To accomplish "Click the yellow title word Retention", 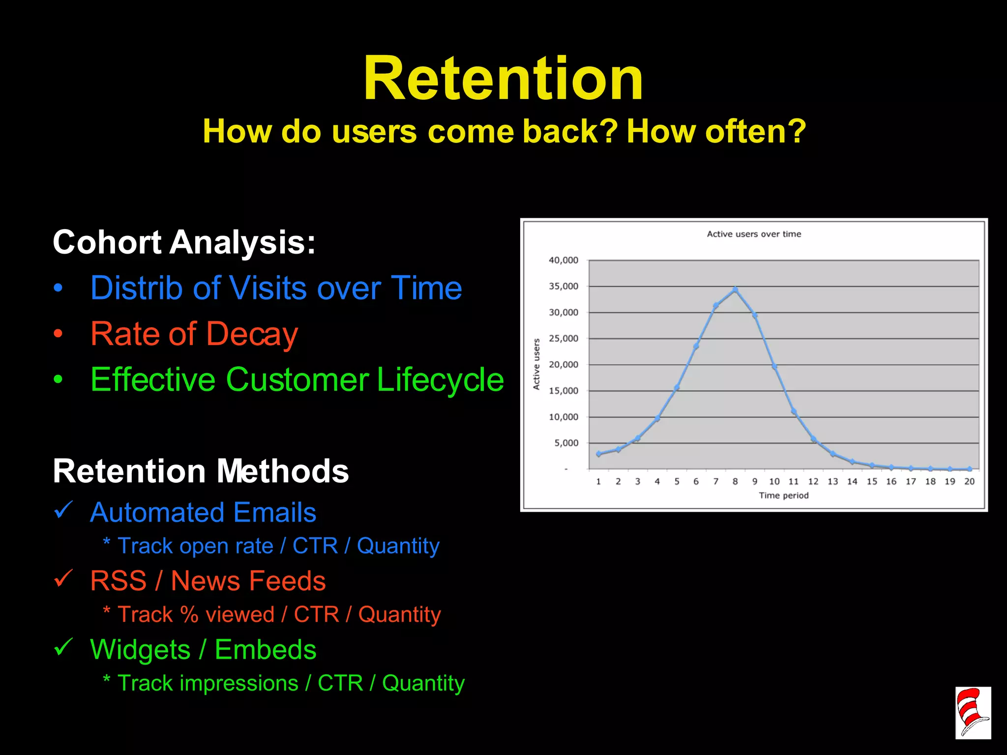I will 503,79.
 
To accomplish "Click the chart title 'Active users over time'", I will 754,234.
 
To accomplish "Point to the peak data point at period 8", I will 735,290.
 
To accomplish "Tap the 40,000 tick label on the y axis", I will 563,260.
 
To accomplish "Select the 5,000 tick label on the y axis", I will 566,443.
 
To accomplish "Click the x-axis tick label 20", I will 969,481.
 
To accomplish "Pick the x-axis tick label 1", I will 598,481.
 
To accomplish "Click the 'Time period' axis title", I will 783,495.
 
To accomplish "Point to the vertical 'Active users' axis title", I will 536,364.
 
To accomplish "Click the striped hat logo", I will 973,713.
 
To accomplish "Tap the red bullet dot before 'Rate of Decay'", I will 58,334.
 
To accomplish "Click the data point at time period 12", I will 813,439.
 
